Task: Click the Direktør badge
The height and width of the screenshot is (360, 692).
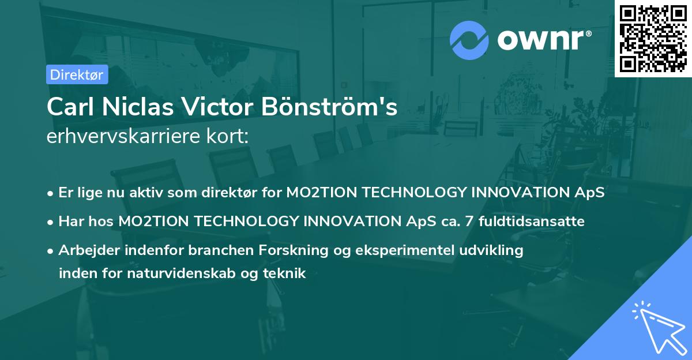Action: [77, 74]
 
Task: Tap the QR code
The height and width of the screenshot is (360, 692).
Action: [653, 38]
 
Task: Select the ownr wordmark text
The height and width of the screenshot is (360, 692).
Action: [543, 40]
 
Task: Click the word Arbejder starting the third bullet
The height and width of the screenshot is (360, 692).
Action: [84, 250]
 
